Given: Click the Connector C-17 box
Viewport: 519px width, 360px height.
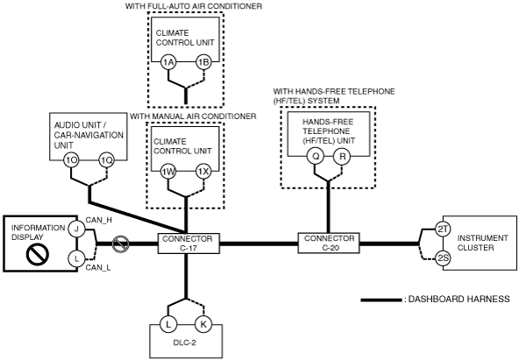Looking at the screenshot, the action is coord(188,244).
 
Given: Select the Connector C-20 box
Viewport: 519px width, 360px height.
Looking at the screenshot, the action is coord(329,243).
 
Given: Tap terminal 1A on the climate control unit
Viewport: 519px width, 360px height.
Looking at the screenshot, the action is coord(168,62).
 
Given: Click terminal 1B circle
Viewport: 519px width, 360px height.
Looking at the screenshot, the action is coord(203,62).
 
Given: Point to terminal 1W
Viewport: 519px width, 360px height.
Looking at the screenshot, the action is coord(168,172).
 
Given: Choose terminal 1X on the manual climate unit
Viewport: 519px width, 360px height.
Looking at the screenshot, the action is coord(203,172).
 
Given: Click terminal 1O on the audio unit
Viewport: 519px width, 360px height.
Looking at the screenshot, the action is coord(71,160).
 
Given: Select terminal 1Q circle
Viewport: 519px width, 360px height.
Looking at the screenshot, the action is coord(107,160).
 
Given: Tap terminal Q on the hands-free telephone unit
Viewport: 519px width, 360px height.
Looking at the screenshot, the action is coord(316,156).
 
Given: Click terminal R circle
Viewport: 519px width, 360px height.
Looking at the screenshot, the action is coord(342,156).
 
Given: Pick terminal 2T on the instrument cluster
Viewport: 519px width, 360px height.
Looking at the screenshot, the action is coord(443,229).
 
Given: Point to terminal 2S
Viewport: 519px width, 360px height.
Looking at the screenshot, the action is coord(443,258).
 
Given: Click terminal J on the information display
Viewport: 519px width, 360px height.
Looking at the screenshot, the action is coord(76,229).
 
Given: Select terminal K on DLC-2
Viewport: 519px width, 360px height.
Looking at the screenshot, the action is coord(203,324).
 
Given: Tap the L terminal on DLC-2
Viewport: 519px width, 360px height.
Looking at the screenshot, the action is coord(168,324).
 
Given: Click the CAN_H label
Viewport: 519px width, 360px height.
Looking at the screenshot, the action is coord(99,220).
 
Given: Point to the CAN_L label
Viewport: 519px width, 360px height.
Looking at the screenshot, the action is coord(98,267).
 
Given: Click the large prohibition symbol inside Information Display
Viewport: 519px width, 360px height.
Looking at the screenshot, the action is coord(38,254).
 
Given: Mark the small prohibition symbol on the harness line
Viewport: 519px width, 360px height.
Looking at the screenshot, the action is coord(120,244).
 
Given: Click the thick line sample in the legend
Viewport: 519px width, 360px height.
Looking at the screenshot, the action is coord(380,300).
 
